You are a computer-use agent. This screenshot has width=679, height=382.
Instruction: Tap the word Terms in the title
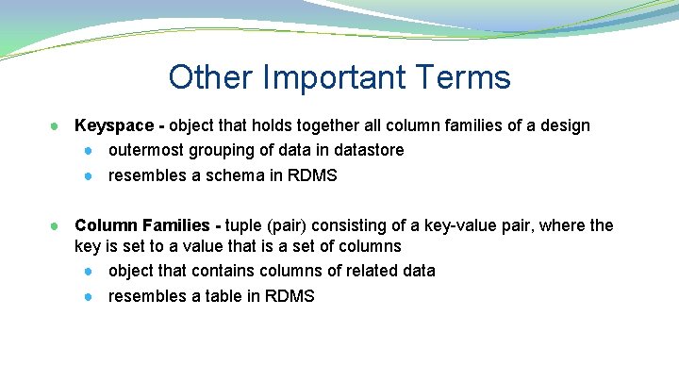click(x=466, y=77)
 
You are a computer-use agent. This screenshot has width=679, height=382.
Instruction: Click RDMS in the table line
click(x=290, y=297)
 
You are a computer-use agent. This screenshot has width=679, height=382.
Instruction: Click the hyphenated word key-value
click(x=464, y=226)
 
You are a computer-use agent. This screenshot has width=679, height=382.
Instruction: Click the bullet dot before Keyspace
click(x=57, y=126)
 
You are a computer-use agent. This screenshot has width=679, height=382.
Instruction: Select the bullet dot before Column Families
click(x=57, y=226)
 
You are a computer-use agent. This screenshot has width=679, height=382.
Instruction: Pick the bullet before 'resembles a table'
click(x=88, y=297)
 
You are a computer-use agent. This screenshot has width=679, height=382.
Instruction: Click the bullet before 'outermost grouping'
click(x=88, y=151)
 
